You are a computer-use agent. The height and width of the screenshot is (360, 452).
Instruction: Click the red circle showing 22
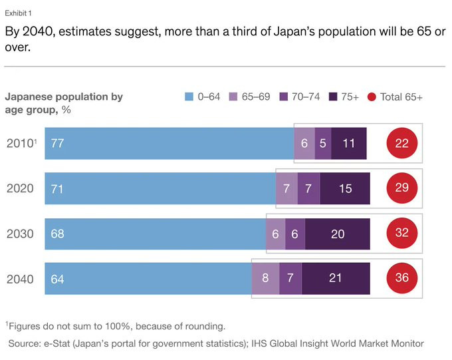pos(401,143)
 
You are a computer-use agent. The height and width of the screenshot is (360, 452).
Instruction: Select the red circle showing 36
pos(401,278)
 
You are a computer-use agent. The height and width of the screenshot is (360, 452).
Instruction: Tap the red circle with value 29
pos(401,188)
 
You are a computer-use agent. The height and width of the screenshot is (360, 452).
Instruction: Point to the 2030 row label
pos(20,234)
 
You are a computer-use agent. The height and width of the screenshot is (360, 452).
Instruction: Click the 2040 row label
pos(20,279)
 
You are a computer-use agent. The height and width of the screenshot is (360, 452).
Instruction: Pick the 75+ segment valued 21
pos(336,278)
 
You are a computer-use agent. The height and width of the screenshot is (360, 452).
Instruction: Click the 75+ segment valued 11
pos(349,143)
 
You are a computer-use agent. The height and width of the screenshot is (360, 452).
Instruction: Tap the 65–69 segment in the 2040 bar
pos(265,278)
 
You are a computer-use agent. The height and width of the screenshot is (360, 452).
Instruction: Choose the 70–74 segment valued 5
pos(323,143)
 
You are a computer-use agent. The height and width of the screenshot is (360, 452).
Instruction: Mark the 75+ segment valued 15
pos(345,188)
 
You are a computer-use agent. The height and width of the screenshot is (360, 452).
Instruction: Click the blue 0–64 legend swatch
pos(188,97)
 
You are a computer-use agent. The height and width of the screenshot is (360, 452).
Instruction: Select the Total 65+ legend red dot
pos(372,97)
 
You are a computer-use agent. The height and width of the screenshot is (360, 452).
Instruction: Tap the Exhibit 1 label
pos(19,13)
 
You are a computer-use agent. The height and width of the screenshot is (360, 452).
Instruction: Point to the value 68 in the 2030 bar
pos(57,234)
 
